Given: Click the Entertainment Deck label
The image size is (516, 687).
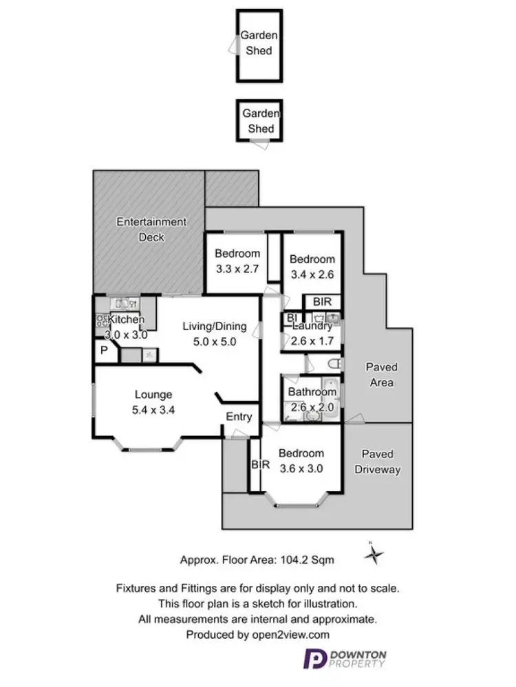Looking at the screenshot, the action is point(151,229).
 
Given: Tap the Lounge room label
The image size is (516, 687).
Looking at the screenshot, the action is point(153,394).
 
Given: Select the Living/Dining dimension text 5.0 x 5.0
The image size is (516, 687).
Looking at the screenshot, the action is point(215,341).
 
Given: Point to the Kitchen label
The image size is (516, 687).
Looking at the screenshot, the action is point(126,319).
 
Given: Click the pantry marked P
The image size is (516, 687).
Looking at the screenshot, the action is point(104,351).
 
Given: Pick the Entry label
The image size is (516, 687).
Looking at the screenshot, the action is point(239,416).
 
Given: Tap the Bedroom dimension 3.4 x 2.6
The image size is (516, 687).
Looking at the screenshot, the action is point(312,274).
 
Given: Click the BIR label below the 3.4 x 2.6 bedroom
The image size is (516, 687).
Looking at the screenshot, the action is point(322,301).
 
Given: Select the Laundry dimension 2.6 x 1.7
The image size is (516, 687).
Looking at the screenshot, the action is point(312,340).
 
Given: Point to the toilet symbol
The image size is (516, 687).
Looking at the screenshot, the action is point(334,364).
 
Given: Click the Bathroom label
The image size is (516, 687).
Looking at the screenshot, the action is point(312,391).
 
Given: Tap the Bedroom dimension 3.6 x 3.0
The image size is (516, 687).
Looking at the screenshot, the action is point(301,468).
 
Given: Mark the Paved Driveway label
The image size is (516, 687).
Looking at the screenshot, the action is point(378,462).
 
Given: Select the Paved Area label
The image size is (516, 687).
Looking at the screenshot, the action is point(381,375).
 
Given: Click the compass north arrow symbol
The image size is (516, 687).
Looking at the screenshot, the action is point(373,554).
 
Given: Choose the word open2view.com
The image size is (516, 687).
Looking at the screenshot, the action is point(290,635).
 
